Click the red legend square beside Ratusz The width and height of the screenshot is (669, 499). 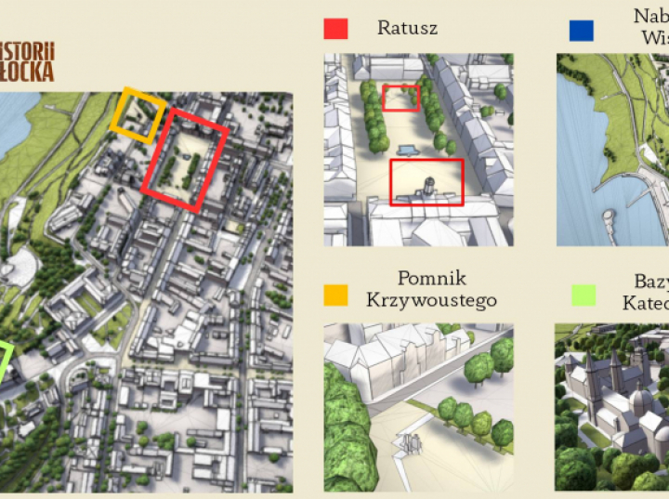pyautogui.click(x=335, y=28)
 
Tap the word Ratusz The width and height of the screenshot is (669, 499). pyautogui.click(x=407, y=28)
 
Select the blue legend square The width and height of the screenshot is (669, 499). pyautogui.click(x=581, y=30)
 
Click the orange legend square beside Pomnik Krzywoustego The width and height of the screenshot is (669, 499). pyautogui.click(x=335, y=295)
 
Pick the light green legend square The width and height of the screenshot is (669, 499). pyautogui.click(x=583, y=295)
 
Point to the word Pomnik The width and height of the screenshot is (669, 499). pyautogui.click(x=431, y=279)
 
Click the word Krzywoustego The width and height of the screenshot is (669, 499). pyautogui.click(x=431, y=300)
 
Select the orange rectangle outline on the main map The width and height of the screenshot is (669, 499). pyautogui.click(x=138, y=115)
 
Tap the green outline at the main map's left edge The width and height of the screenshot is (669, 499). pyautogui.click(x=5, y=362)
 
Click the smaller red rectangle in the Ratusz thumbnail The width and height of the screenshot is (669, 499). pyautogui.click(x=401, y=98)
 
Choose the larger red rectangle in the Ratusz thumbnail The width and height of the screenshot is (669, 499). pyautogui.click(x=426, y=181)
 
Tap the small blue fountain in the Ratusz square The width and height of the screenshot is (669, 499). pyautogui.click(x=406, y=150)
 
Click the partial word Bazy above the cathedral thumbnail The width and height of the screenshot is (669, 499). pyautogui.click(x=650, y=281)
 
